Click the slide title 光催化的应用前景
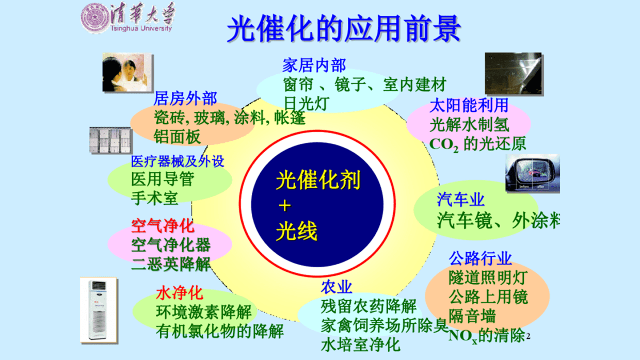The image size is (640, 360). tap(343, 29)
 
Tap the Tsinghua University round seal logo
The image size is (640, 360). tap(94, 19)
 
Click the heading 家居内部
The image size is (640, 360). tap(314, 66)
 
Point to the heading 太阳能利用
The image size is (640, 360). tap(469, 106)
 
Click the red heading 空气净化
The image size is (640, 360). tap(163, 226)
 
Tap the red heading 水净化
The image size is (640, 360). tap(180, 294)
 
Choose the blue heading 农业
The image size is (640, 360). tap(337, 287)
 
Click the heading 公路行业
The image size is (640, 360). tap(480, 258)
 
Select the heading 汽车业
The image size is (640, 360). tap(461, 200)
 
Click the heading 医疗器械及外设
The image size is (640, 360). tap(178, 161)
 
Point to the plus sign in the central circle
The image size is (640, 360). tap(284, 206)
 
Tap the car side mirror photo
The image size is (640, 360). tap(532, 174)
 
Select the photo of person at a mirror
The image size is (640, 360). tap(126, 72)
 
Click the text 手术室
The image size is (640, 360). tap(155, 198)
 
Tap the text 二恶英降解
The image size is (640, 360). tap(171, 264)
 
